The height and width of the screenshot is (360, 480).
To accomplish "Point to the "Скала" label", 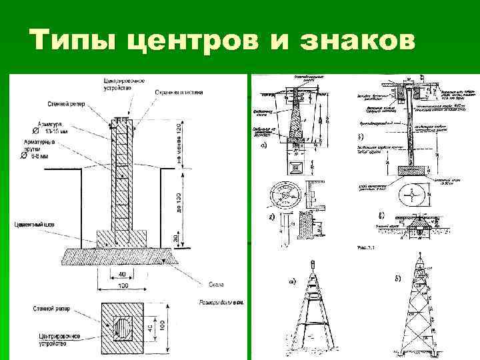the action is (216, 284).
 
